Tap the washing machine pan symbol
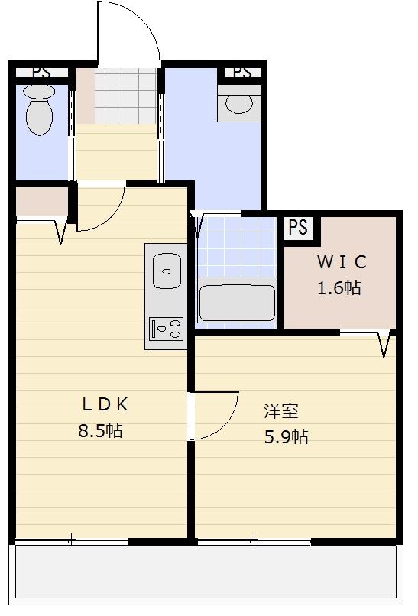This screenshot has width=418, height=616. pos(239,103)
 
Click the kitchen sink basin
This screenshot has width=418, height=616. pos(167,271)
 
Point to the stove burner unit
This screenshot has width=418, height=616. pos(167,329)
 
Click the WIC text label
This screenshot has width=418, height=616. pos(342,262)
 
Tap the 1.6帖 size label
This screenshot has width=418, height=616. pos(339,288)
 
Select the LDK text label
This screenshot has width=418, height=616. pos(105,404)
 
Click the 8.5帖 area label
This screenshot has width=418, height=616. pos(101,430)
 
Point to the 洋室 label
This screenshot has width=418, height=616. pos(281,410)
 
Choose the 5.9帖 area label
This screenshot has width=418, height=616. pos(286,437)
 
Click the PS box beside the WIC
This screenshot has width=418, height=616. pos(299,228)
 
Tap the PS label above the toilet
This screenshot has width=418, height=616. pos(41,73)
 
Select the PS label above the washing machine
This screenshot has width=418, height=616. pos(242,73)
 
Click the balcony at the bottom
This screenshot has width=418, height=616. pos(206,572)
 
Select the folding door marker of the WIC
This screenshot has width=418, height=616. pos(385,344)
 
